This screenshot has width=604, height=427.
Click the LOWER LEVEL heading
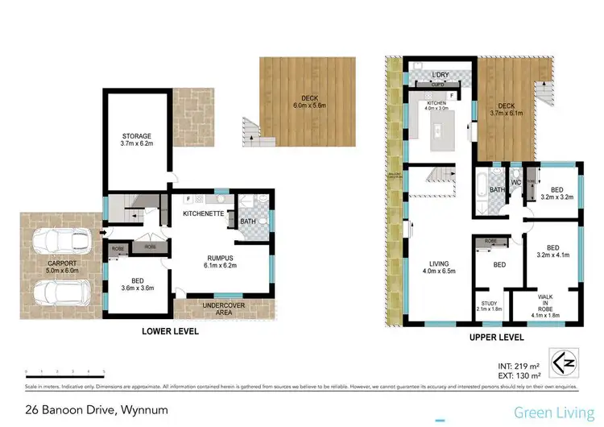(x=170, y=331)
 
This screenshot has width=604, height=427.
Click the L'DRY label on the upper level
(x=440, y=75)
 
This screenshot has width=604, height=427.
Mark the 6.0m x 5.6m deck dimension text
(x=306, y=106)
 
